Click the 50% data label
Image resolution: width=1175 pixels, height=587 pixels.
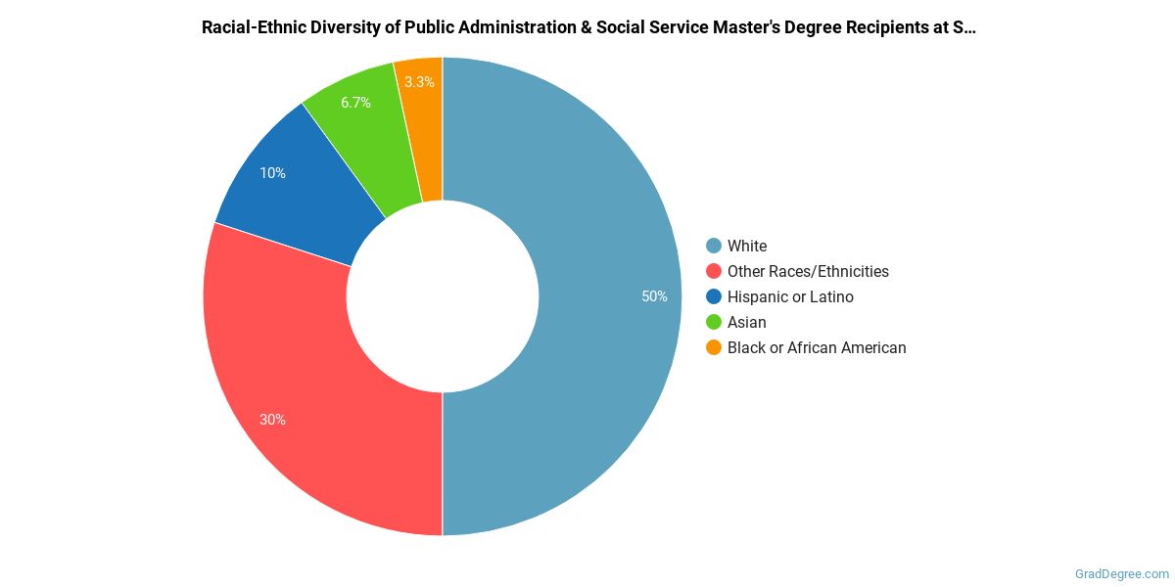tap(654, 296)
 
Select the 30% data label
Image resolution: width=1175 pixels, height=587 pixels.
tap(272, 420)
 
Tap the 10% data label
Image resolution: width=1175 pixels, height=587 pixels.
tap(272, 173)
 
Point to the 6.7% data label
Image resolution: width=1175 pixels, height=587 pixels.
tap(355, 103)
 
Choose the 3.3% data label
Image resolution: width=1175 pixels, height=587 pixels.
tap(419, 82)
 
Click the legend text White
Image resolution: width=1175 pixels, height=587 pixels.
tap(747, 246)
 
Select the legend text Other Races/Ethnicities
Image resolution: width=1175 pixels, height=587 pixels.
tap(808, 271)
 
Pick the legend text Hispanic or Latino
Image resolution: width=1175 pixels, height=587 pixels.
tap(790, 296)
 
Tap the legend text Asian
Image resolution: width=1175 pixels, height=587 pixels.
tap(747, 322)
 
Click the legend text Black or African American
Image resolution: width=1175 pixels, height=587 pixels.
tap(817, 347)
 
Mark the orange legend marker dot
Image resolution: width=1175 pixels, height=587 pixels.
tap(714, 347)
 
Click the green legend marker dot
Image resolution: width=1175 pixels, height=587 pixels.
tap(714, 322)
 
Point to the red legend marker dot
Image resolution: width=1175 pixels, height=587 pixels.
tap(714, 271)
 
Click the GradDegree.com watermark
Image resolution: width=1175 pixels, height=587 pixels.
tap(1120, 574)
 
